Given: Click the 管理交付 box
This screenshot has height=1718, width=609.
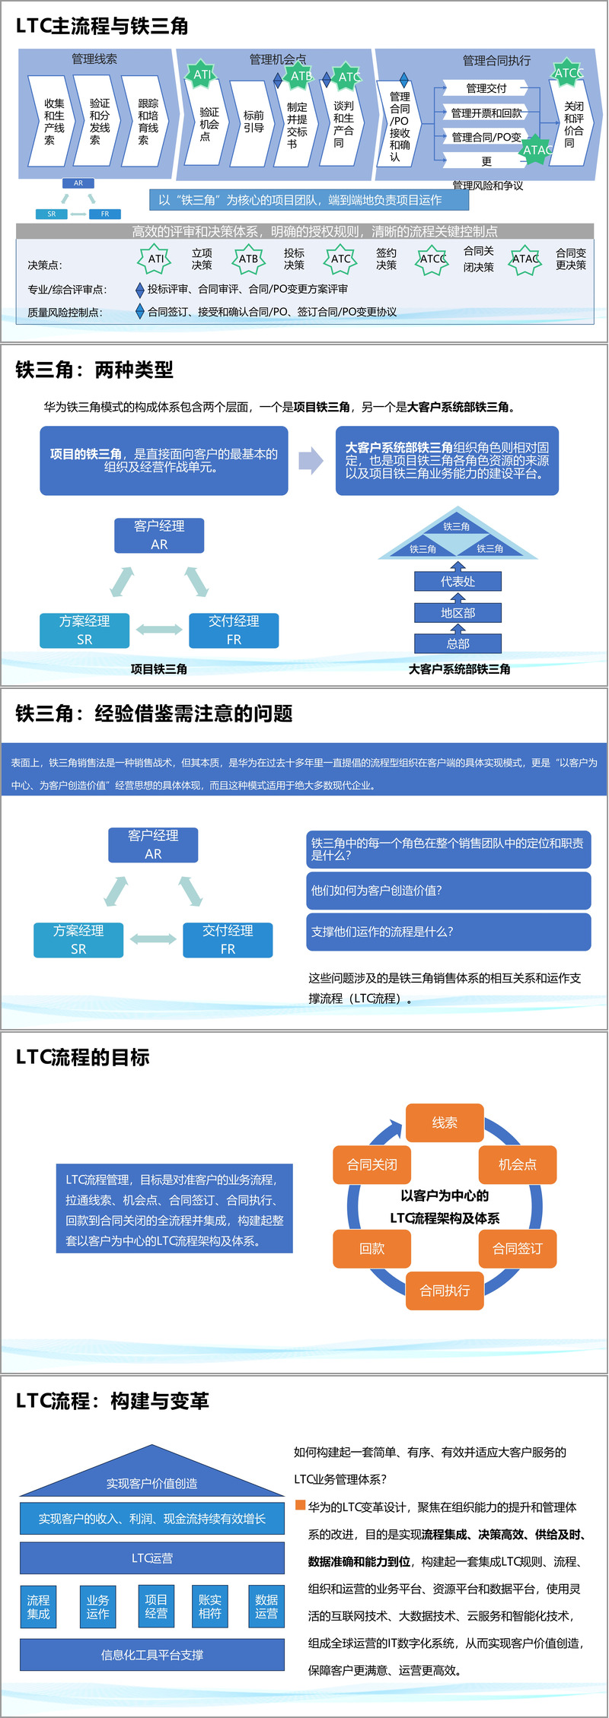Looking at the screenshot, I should tap(486, 88).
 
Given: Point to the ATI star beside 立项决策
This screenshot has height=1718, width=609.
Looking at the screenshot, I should tap(155, 259).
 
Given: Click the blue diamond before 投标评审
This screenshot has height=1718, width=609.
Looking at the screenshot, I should tap(139, 290).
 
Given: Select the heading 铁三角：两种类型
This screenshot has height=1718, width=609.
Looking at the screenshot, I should tap(94, 370).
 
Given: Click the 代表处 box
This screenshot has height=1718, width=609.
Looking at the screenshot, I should tap(458, 582).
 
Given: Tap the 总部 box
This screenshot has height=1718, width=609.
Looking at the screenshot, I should tap(458, 644).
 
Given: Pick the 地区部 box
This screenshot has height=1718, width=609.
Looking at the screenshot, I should tap(458, 613).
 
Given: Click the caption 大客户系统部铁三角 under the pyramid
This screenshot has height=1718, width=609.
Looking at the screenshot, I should tap(459, 669).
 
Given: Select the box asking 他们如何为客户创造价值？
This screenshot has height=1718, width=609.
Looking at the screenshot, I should tap(449, 891).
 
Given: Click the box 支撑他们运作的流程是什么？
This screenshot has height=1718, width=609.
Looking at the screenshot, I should tap(449, 932).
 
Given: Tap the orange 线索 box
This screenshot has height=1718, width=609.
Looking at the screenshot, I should tap(445, 1123).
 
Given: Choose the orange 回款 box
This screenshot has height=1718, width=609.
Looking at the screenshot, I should tap(371, 1249).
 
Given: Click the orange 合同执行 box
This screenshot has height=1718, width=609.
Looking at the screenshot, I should tap(445, 1291).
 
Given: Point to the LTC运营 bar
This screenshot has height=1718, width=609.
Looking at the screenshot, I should tap(152, 1558).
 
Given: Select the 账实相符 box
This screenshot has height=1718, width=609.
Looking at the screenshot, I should tap(209, 1606).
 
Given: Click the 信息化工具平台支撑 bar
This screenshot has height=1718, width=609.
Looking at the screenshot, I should tap(152, 1655).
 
